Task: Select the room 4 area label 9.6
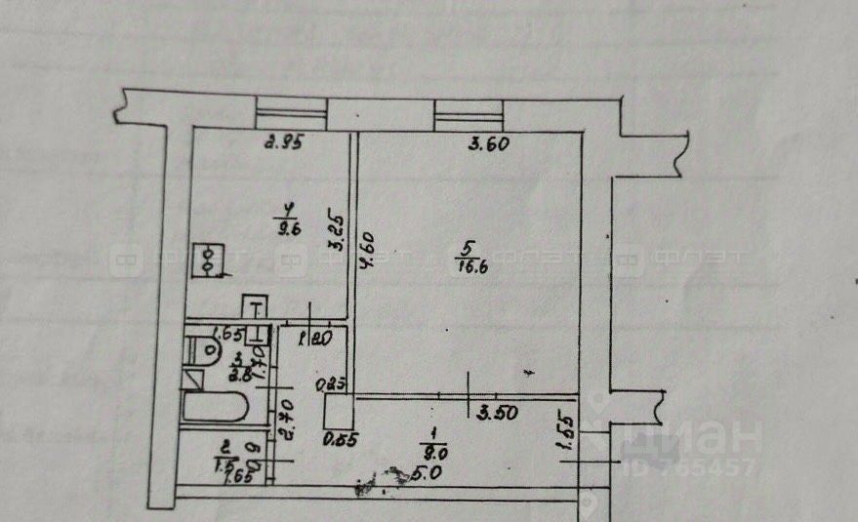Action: (288, 230)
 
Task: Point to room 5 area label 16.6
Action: (471, 267)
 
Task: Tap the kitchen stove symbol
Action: (210, 260)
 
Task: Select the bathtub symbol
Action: (216, 406)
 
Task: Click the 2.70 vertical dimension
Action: (286, 419)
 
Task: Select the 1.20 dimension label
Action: (311, 339)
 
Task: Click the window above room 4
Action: (291, 112)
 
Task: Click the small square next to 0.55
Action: (339, 411)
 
